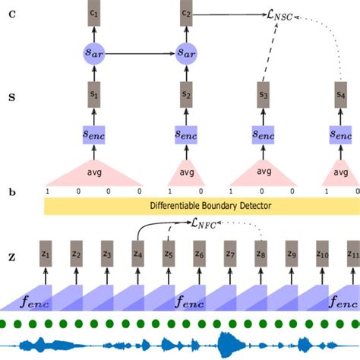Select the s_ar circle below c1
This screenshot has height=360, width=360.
tap(93, 53)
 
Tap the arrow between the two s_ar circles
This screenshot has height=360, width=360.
tap(140, 53)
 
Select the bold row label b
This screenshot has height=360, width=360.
tap(11, 193)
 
